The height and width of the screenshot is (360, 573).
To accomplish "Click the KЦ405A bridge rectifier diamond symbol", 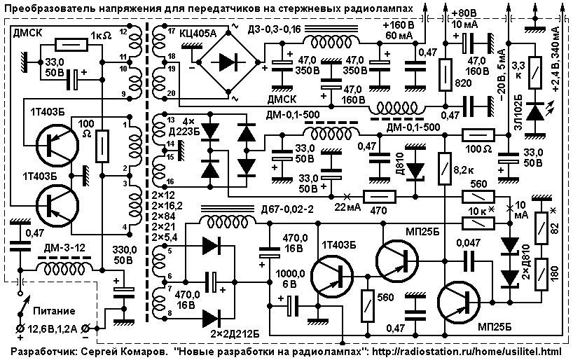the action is pos(228,62).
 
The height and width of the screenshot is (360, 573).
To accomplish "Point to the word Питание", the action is pos(54,312).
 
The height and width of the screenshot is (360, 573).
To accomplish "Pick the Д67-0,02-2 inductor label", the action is pos(288,210).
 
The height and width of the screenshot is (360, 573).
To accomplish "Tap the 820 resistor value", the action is pos(463,83).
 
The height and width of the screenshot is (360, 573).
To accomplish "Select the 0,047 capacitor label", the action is pos(468,244).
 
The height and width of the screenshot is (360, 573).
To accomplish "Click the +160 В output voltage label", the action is pos(399,26).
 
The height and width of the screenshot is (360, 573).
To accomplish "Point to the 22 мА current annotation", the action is pos(347,207).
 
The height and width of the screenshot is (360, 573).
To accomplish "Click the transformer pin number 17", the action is pos(172,32).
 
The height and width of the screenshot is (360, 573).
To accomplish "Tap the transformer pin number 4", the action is pos(125,227).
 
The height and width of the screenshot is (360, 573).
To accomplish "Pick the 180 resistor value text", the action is pos(554,274).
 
